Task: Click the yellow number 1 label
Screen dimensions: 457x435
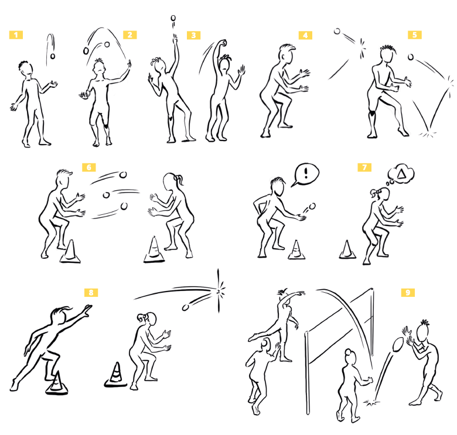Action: tap(16, 35)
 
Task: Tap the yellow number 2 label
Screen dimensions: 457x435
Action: tap(130, 35)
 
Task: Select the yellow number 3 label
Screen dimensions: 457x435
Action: tap(194, 36)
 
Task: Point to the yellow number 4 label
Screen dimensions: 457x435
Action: tap(305, 36)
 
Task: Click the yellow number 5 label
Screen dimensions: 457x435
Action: tap(415, 35)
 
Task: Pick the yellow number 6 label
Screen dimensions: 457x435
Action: tap(89, 167)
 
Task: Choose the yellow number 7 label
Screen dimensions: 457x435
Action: tap(364, 167)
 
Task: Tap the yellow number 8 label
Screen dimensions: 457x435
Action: tap(91, 293)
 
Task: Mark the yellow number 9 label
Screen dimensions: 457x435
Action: tap(408, 293)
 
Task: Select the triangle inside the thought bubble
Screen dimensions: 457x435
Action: tap(401, 174)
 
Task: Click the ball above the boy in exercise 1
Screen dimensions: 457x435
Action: tap(53, 56)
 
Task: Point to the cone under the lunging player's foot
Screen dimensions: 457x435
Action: tap(57, 383)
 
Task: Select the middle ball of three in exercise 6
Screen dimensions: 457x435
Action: tap(107, 195)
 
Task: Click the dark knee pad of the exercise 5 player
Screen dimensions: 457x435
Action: tap(371, 114)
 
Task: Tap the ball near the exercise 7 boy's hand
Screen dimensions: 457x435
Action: tap(312, 207)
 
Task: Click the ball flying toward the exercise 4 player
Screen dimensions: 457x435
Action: tap(337, 31)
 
